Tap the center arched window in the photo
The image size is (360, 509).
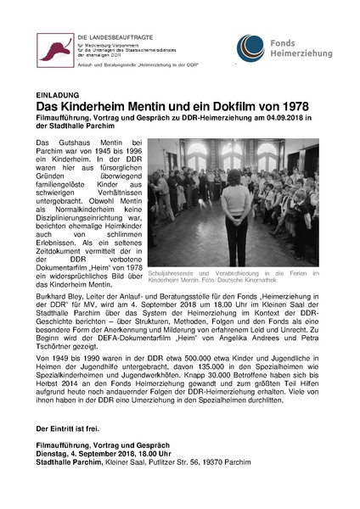[231, 158]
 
